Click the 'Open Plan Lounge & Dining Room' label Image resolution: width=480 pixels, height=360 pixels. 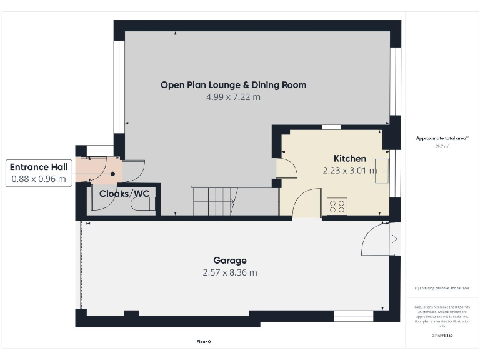tap(233, 85)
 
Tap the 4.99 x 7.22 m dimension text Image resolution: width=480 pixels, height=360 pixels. tap(233, 97)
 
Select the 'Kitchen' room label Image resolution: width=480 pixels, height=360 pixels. tap(349, 159)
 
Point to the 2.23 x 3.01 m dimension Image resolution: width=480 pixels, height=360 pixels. tap(349, 170)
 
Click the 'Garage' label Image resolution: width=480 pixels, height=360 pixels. tap(229, 261)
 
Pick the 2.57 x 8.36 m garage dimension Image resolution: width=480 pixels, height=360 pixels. tap(229, 272)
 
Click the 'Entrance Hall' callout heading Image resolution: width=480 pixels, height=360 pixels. tap(39, 167)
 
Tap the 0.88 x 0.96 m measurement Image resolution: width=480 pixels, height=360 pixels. tap(39, 179)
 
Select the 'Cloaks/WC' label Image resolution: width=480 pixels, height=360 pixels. tap(124, 194)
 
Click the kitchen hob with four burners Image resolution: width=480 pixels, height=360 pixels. tap(337, 206)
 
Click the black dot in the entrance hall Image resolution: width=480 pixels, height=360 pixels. tap(113, 174)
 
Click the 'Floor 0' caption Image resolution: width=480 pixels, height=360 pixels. tap(204, 342)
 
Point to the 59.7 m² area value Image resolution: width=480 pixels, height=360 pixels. tap(441, 146)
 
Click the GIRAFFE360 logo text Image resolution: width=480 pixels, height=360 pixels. tap(441, 336)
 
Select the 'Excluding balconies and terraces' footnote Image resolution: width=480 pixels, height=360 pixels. tap(441, 288)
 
